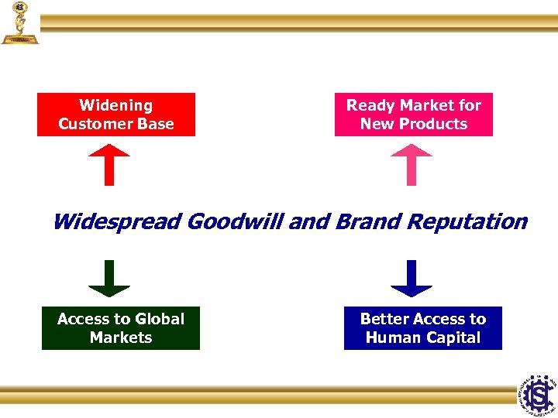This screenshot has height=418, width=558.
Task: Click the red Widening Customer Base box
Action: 116,115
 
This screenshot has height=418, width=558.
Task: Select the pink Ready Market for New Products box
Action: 413,115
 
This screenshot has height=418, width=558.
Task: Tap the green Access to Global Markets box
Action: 121,328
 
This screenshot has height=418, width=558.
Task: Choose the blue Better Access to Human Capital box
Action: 422,328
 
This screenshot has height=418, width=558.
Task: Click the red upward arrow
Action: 109,164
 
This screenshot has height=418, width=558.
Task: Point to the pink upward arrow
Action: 411,164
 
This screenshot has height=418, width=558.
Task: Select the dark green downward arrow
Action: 109,279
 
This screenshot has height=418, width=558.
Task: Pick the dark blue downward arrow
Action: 411,279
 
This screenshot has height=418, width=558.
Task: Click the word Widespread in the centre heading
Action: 117,222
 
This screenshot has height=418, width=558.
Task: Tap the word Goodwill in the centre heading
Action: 236,222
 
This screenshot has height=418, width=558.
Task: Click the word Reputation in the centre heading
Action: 467,222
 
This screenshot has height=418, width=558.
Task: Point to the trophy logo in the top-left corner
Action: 19,23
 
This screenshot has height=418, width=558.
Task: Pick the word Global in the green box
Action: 160,319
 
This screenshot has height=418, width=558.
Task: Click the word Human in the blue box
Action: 391,337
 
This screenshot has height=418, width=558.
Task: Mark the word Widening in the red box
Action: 116,105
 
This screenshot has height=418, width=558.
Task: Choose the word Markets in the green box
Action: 121,337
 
